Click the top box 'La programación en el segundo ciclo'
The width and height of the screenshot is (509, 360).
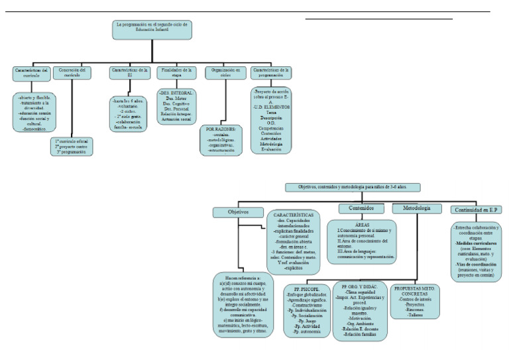coord(152,29)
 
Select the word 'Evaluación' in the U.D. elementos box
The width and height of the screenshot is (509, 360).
coord(270,150)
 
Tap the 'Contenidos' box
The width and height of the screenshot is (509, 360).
coord(361,208)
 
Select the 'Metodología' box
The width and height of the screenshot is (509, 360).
coord(416,208)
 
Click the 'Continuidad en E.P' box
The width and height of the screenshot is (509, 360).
coord(477,210)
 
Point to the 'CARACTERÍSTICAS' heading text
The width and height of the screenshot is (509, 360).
coord(293,215)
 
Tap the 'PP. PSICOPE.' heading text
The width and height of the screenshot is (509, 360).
coord(303,290)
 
